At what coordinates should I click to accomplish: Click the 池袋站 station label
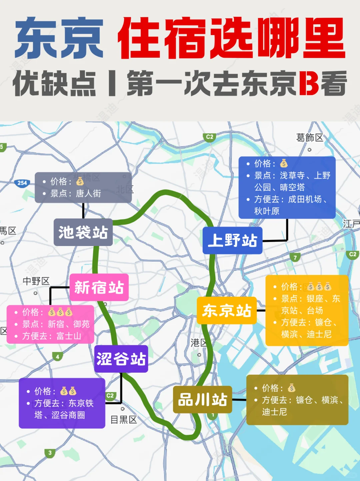[83, 232]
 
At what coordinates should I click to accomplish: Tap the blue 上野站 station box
[232, 240]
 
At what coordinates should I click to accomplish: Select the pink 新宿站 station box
[99, 287]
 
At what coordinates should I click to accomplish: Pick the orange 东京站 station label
[227, 311]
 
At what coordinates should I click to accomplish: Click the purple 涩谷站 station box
[121, 359]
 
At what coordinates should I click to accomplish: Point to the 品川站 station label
[202, 400]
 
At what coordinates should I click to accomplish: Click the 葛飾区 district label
[309, 138]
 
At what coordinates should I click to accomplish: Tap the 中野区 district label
[36, 281]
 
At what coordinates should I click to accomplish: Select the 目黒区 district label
[124, 420]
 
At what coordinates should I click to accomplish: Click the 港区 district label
[198, 343]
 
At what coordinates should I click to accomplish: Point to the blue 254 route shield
[22, 183]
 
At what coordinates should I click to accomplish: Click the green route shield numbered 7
[295, 257]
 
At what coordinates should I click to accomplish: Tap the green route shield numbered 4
[57, 357]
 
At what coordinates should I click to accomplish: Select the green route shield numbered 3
[50, 453]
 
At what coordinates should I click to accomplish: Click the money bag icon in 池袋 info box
[80, 181]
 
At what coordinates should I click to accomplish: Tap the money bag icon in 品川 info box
[292, 388]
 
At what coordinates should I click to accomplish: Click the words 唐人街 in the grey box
[88, 193]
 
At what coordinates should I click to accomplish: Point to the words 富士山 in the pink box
[69, 336]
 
